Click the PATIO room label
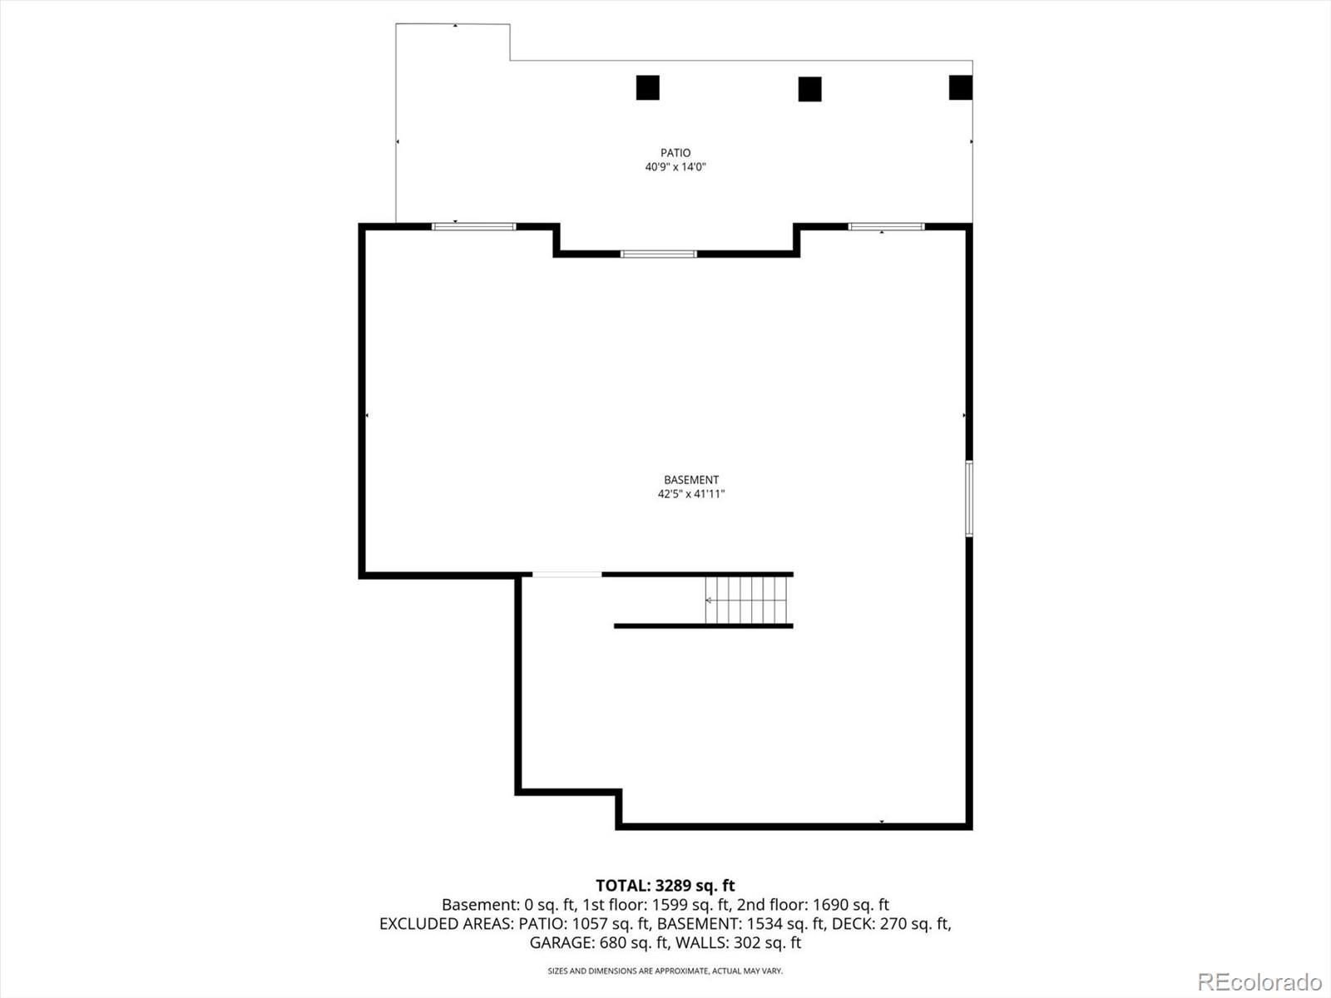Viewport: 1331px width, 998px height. [x=675, y=153]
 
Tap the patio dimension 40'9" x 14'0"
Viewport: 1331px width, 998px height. [x=675, y=167]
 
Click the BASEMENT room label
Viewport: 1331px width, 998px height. [x=690, y=480]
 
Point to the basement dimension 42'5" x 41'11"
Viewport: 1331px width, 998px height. [x=690, y=494]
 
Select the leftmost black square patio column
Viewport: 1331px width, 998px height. [x=648, y=87]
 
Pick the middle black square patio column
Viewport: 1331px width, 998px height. [x=809, y=89]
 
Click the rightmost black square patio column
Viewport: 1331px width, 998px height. [x=961, y=87]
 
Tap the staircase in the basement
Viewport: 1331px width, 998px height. [x=747, y=600]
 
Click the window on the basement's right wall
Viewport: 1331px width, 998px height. [x=969, y=499]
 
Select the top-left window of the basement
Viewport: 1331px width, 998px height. [x=474, y=226]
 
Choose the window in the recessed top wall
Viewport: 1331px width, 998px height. [x=659, y=254]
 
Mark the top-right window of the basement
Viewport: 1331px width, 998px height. [x=886, y=226]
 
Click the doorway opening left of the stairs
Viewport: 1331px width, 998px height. [x=567, y=575]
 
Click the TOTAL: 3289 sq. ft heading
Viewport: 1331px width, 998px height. [x=665, y=886]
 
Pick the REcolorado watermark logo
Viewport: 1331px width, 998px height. [x=1259, y=981]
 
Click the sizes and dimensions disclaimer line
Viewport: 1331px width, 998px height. [x=665, y=971]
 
